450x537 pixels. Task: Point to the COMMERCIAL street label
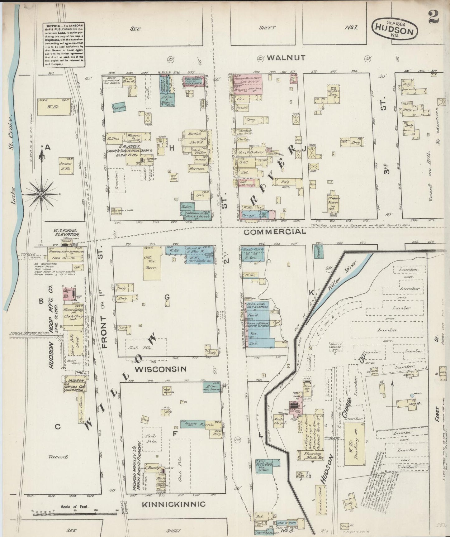pyautogui.click(x=274, y=232)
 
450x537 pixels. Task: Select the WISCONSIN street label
pyautogui.click(x=161, y=369)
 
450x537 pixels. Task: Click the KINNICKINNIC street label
pyautogui.click(x=173, y=504)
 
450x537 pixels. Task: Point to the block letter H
pyautogui.click(x=171, y=148)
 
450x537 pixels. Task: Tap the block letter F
pyautogui.click(x=175, y=434)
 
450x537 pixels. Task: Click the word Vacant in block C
pyautogui.click(x=58, y=457)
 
